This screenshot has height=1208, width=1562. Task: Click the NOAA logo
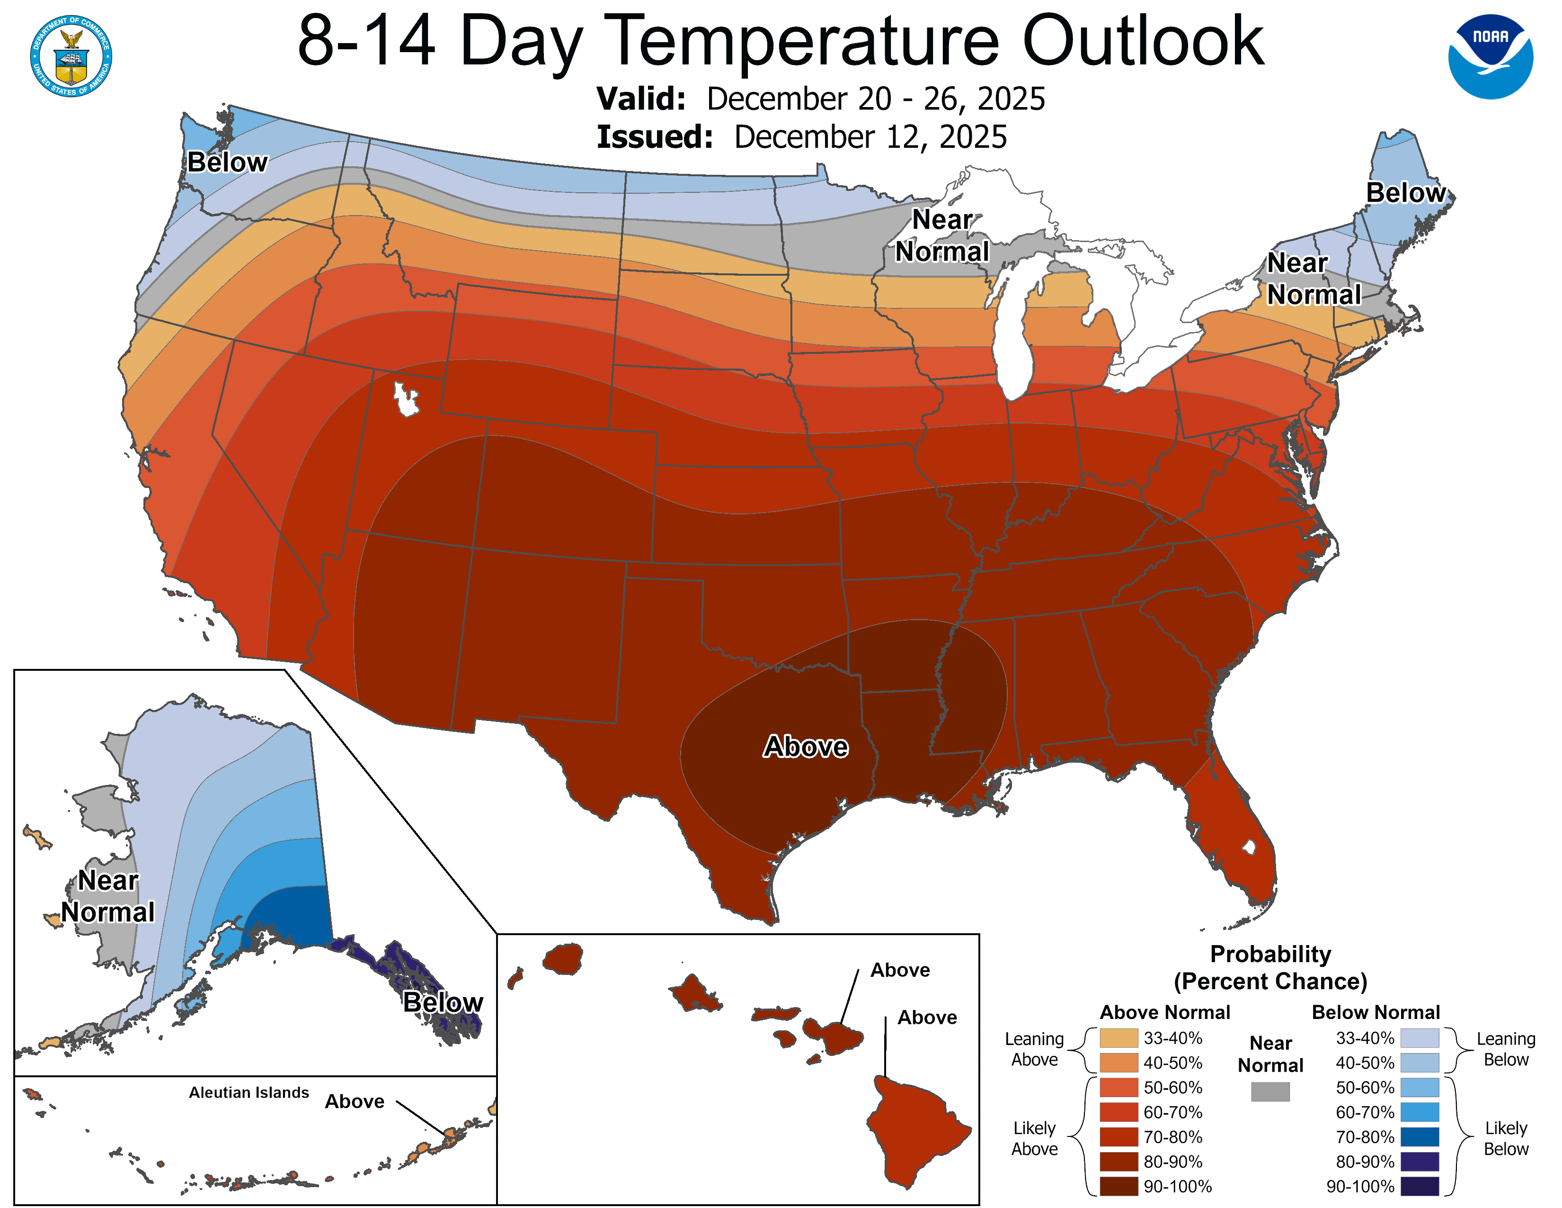tap(1491, 56)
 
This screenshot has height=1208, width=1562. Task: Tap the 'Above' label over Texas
tap(806, 747)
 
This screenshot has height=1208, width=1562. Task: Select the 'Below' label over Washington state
tap(227, 162)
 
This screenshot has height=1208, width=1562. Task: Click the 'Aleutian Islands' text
tap(249, 1092)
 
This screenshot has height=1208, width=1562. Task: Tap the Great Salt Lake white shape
tap(406, 398)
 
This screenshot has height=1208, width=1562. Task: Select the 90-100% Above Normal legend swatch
tap(1118, 1186)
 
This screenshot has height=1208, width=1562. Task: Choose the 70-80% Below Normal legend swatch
tap(1419, 1136)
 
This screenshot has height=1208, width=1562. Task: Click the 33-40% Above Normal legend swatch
tap(1118, 1037)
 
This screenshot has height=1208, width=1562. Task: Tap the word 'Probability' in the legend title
tap(1270, 954)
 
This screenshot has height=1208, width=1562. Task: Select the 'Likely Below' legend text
tap(1506, 1138)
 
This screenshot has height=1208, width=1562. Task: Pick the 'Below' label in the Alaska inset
tap(443, 1002)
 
